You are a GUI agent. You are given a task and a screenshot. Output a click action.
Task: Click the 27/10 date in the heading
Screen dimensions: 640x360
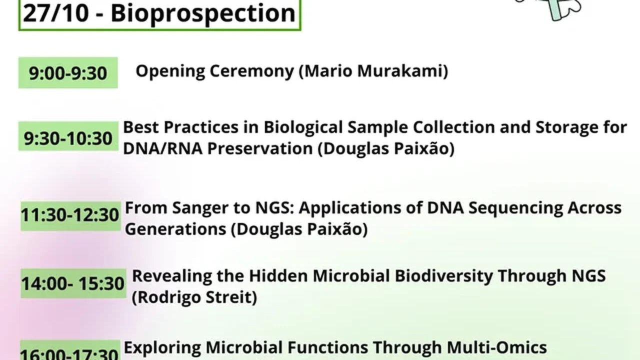[55, 13]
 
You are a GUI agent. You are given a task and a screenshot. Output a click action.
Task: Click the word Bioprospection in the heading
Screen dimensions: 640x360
[203, 14]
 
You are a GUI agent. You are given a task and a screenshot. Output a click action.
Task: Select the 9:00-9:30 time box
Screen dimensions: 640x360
[68, 73]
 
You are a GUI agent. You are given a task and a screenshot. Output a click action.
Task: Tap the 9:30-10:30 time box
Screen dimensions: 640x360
[68, 136]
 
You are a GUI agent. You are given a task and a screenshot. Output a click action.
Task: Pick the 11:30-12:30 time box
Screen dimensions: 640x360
[70, 216]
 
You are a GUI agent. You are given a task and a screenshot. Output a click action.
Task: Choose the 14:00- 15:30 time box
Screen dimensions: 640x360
[73, 283]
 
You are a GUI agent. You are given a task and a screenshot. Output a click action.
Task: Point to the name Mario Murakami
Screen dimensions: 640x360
[373, 71]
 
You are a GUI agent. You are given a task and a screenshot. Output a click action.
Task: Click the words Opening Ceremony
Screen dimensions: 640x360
[215, 71]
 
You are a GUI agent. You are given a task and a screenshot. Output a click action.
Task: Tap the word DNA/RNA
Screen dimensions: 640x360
[162, 148]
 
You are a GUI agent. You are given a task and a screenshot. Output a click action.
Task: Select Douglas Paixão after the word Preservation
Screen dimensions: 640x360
[386, 148]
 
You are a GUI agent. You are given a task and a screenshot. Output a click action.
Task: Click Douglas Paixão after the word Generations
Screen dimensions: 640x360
[299, 229]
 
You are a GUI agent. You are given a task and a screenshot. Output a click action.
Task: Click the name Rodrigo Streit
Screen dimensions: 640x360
[194, 297]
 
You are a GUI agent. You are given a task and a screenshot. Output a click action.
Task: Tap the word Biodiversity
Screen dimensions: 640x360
[444, 276]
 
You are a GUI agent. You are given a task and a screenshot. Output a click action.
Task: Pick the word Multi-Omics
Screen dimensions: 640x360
[496, 347]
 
